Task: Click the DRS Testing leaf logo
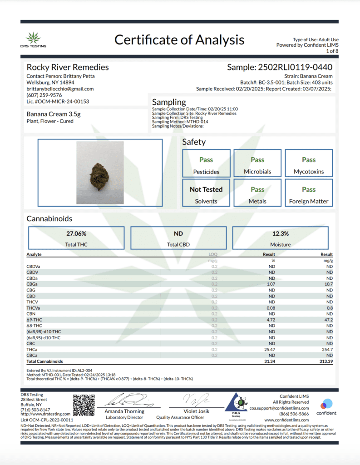pyautogui.click(x=33, y=37)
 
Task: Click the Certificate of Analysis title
pyautogui.click(x=179, y=40)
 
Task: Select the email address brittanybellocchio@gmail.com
pyautogui.click(x=60, y=89)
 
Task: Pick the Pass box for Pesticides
pyautogui.click(x=206, y=160)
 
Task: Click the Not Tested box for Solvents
pyautogui.click(x=206, y=189)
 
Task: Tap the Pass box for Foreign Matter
pyautogui.click(x=309, y=189)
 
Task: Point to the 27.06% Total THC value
pyautogui.click(x=76, y=233)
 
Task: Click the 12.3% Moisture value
pyautogui.click(x=280, y=233)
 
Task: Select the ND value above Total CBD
pyautogui.click(x=178, y=233)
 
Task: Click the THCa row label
pyautogui.click(x=32, y=349)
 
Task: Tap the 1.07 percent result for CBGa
pyautogui.click(x=271, y=284)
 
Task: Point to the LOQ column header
pyautogui.click(x=212, y=254)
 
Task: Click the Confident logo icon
pyautogui.click(x=326, y=404)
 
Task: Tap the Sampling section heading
pyautogui.click(x=169, y=102)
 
